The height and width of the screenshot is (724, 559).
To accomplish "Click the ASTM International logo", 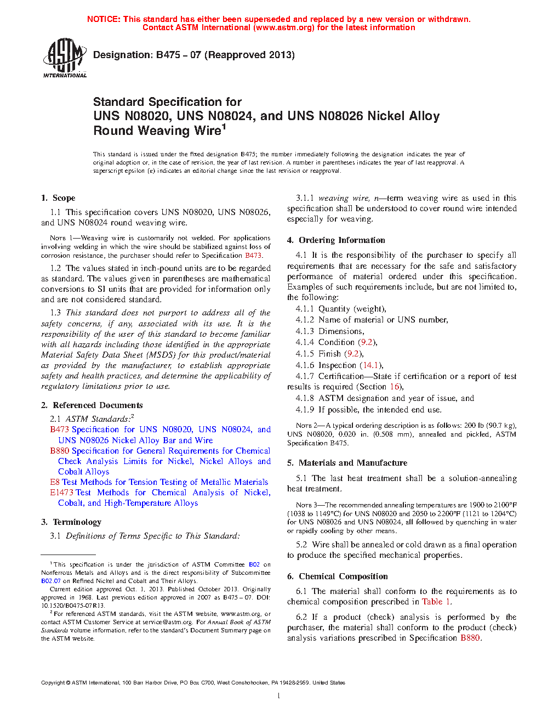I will [64, 57].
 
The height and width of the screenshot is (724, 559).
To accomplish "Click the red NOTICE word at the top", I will [104, 19].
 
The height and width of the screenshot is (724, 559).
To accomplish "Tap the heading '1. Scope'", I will [58, 198].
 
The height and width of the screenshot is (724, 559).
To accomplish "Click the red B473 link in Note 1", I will [253, 256].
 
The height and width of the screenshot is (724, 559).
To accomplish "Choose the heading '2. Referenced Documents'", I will [92, 405].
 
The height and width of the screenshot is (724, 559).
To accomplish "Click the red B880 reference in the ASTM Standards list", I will [59, 451].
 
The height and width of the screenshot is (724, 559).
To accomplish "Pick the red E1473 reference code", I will [61, 493].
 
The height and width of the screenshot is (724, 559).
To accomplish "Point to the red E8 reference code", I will [55, 482].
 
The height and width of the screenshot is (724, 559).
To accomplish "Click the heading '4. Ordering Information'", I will [336, 240].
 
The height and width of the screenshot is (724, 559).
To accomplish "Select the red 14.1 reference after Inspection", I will [370, 365].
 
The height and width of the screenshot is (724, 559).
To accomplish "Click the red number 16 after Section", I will [395, 387].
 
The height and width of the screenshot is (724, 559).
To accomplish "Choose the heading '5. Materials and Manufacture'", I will [347, 463].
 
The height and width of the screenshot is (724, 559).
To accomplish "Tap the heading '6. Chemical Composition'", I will [337, 576].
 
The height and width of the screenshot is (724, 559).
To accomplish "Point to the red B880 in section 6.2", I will [470, 638].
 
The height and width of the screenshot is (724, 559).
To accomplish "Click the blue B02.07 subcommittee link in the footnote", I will [51, 581].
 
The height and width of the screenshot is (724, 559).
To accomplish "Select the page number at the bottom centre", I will [279, 696].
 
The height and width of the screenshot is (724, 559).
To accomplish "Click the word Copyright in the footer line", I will [53, 683].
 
